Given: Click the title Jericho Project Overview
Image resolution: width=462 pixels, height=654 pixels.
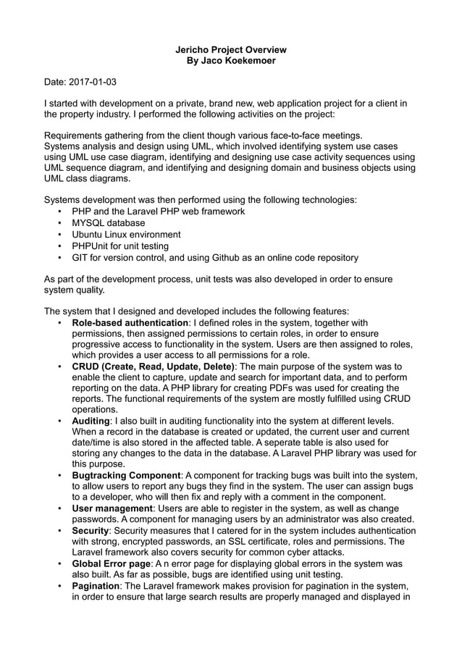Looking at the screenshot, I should click(x=231, y=49).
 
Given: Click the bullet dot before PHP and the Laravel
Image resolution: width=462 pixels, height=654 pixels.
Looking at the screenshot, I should click(x=59, y=211).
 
